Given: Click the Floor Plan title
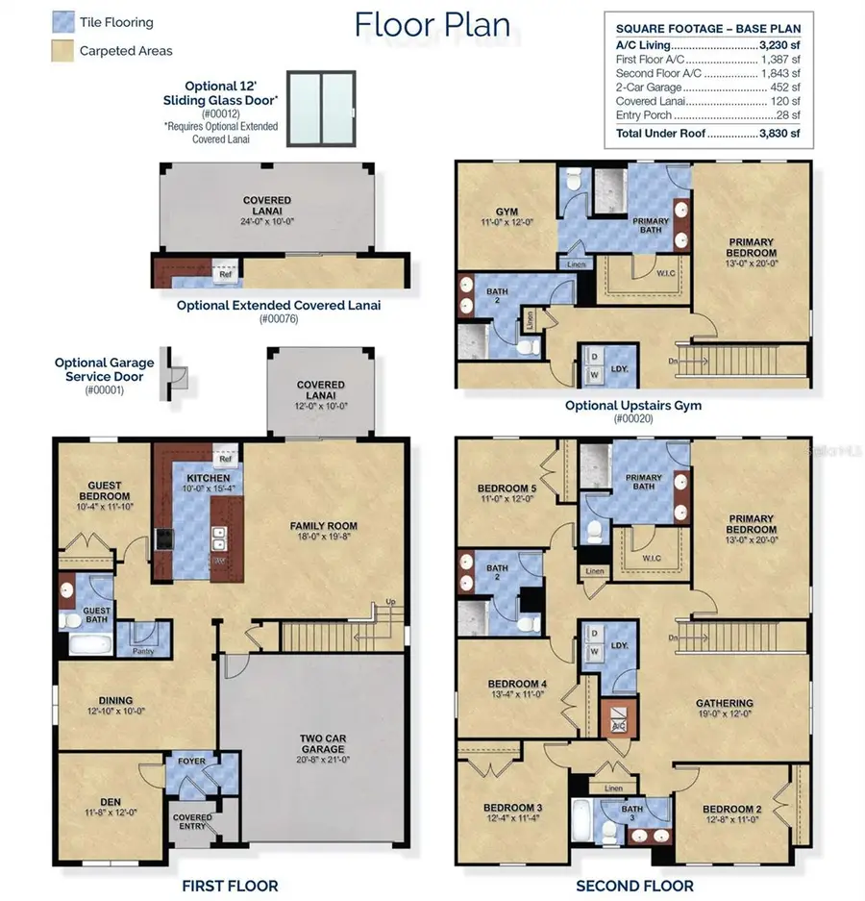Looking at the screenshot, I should pyautogui.click(x=432, y=24).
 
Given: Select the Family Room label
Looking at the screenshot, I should pyautogui.click(x=324, y=526).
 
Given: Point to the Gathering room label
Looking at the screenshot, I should pyautogui.click(x=724, y=703).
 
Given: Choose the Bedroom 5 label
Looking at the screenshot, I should pyautogui.click(x=506, y=488).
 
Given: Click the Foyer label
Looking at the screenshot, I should pyautogui.click(x=191, y=763).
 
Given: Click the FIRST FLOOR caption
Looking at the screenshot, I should pyautogui.click(x=231, y=886).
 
